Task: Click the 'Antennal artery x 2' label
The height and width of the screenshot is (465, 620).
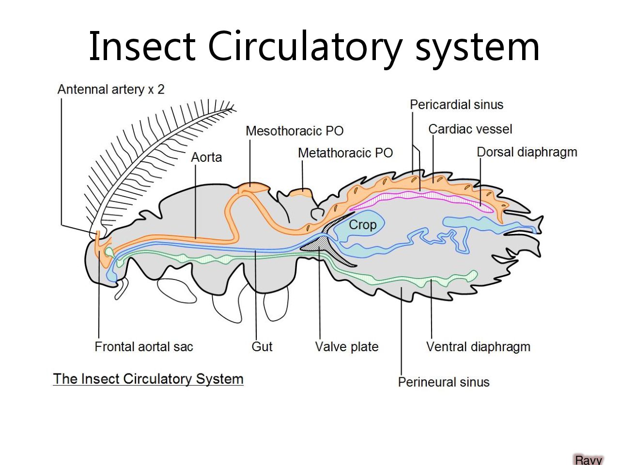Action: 111,89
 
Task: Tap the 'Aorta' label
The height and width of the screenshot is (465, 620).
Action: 206,157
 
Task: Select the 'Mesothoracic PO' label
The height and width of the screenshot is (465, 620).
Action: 294,131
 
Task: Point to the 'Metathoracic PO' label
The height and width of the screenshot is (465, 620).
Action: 345,153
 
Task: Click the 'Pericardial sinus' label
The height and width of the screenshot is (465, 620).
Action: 456,105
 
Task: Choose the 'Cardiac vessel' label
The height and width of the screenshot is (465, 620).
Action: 470,129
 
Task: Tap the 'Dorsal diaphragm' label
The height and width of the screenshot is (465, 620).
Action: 527,152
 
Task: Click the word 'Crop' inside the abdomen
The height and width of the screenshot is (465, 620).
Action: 362,225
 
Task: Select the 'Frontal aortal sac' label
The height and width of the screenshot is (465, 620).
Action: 144,347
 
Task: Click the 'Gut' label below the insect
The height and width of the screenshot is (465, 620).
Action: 262,347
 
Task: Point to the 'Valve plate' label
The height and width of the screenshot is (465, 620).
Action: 347,347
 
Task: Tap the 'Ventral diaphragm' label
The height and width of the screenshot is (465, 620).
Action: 478,347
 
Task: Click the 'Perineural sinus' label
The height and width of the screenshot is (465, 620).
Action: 444,382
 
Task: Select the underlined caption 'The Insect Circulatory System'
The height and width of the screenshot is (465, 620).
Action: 148,379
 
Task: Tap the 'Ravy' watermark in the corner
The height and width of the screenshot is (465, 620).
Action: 589,460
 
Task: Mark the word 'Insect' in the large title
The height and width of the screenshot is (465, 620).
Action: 141,46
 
